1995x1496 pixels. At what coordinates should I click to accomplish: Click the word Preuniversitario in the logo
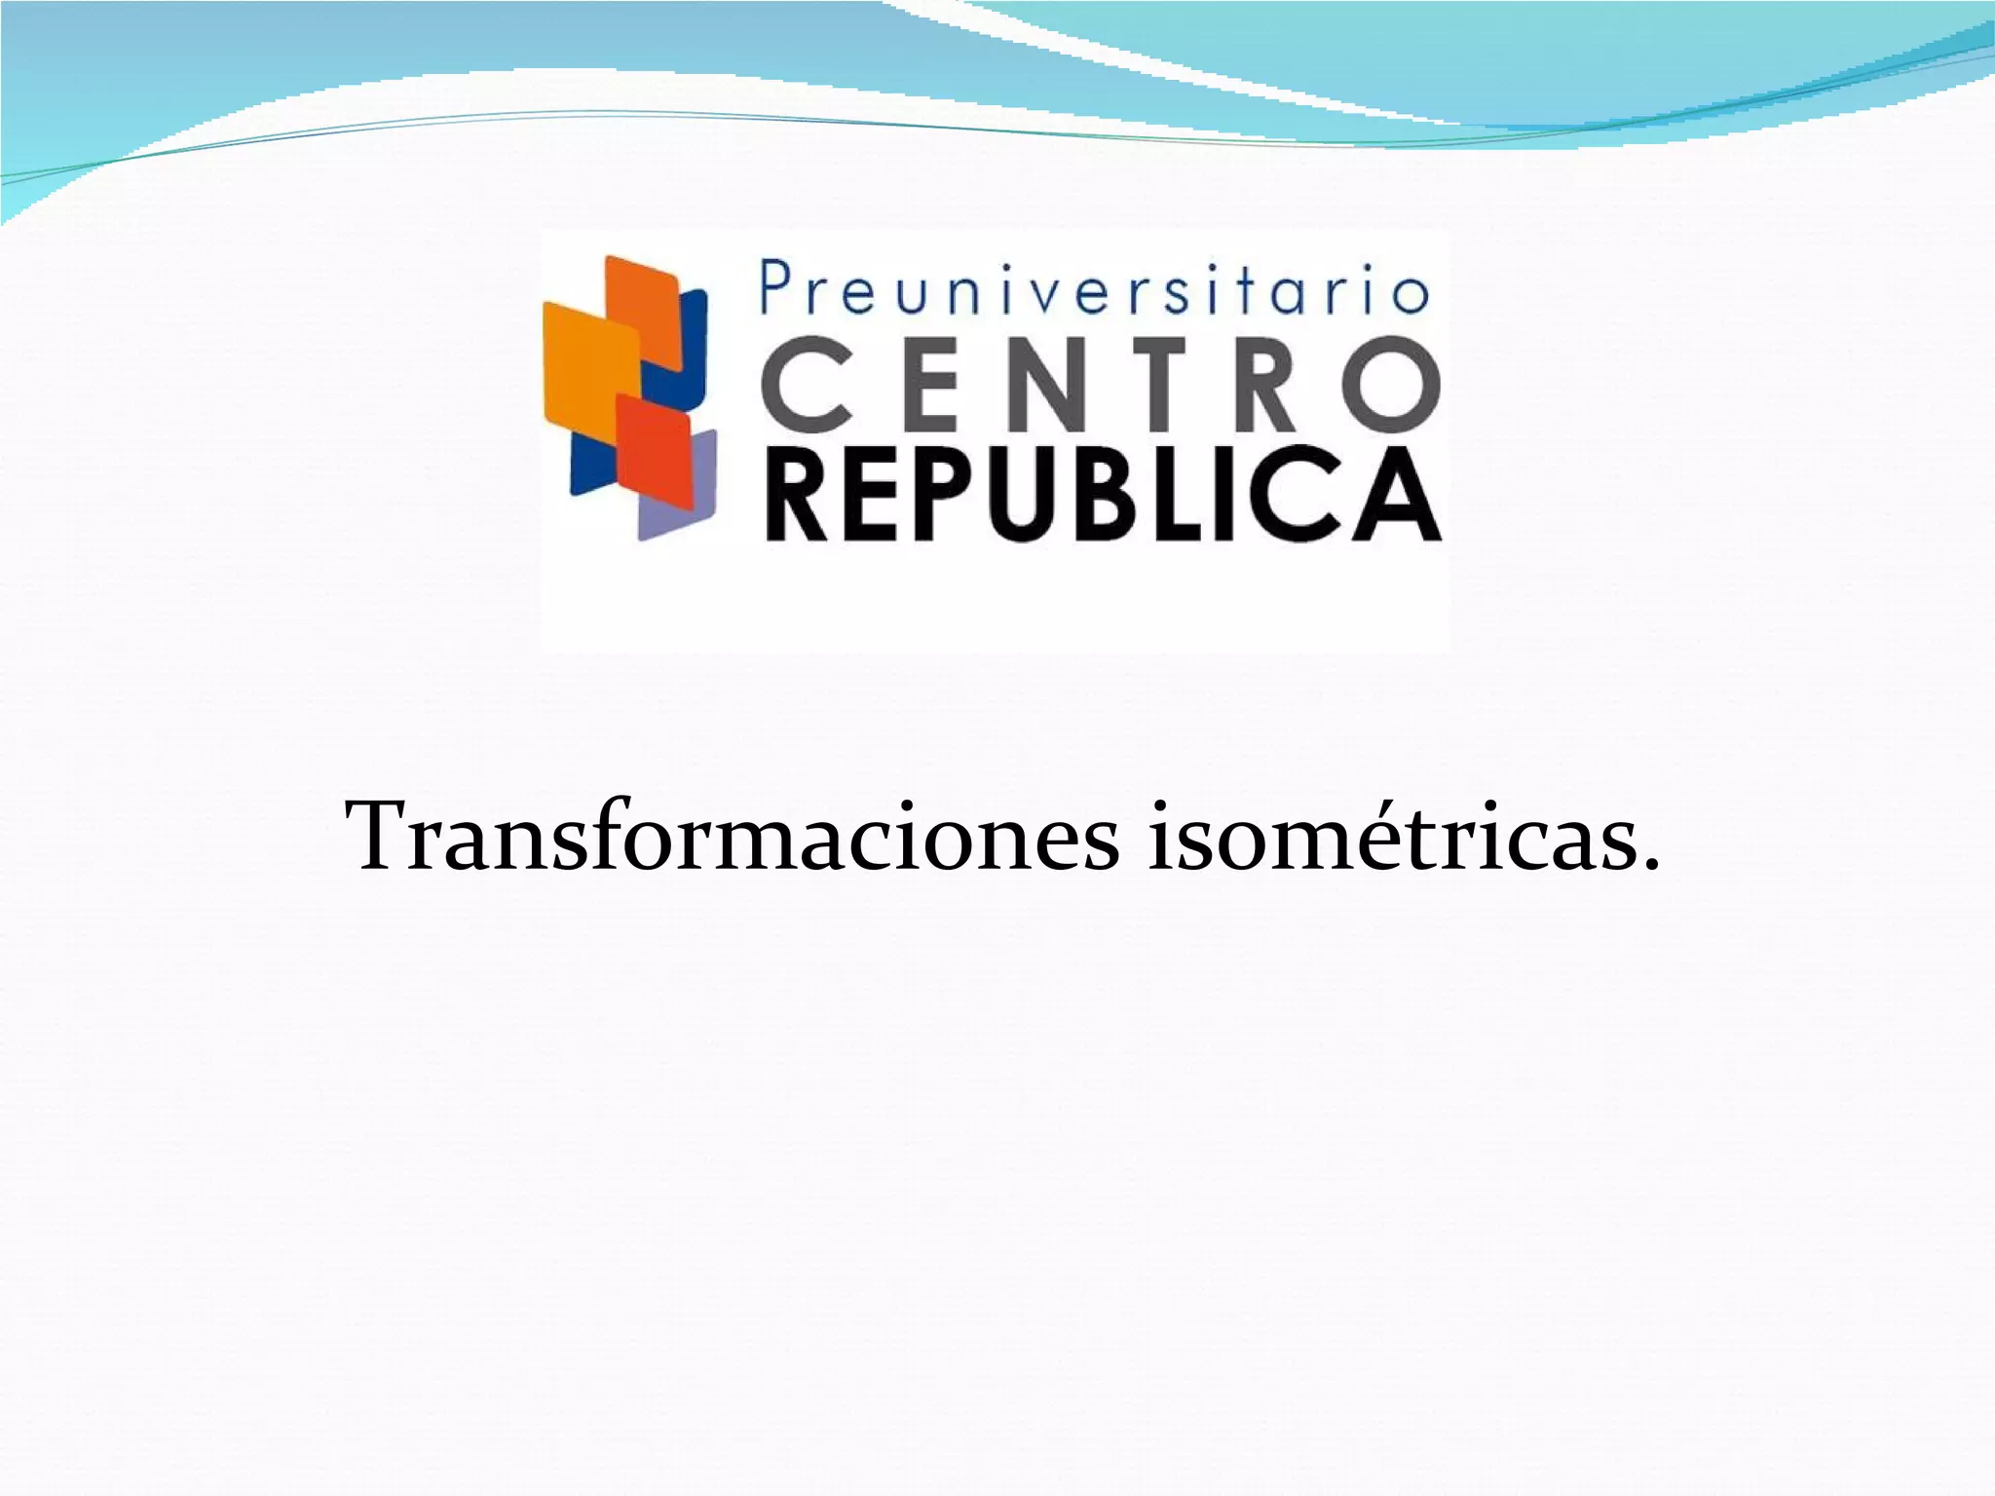(1094, 290)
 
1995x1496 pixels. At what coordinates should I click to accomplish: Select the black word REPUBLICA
(1103, 494)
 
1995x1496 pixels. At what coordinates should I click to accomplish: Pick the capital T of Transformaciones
(384, 836)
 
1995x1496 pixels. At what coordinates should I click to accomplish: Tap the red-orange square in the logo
(654, 451)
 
